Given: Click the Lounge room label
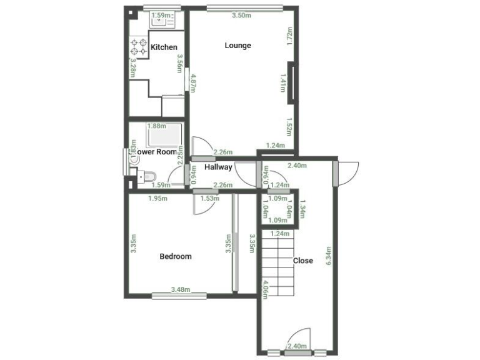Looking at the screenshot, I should click(238, 46).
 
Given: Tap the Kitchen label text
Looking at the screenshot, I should click(164, 47).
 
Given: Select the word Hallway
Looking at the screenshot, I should click(218, 167).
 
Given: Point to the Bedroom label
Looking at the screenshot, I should click(176, 256).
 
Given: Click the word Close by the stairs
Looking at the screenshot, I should click(303, 261).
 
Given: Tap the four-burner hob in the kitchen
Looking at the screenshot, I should click(139, 47).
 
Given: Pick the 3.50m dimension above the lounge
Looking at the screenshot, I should click(242, 16).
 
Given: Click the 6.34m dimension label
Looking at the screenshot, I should click(329, 256).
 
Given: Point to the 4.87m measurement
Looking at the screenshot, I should click(193, 82).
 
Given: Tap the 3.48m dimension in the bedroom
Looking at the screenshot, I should click(180, 290).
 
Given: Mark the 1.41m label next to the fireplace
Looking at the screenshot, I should click(282, 81).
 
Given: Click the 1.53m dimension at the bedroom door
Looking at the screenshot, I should click(209, 199).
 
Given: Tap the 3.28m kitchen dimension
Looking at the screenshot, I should click(132, 67).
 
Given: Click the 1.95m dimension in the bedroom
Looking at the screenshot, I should click(158, 199).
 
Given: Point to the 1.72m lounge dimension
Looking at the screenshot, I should click(289, 36).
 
